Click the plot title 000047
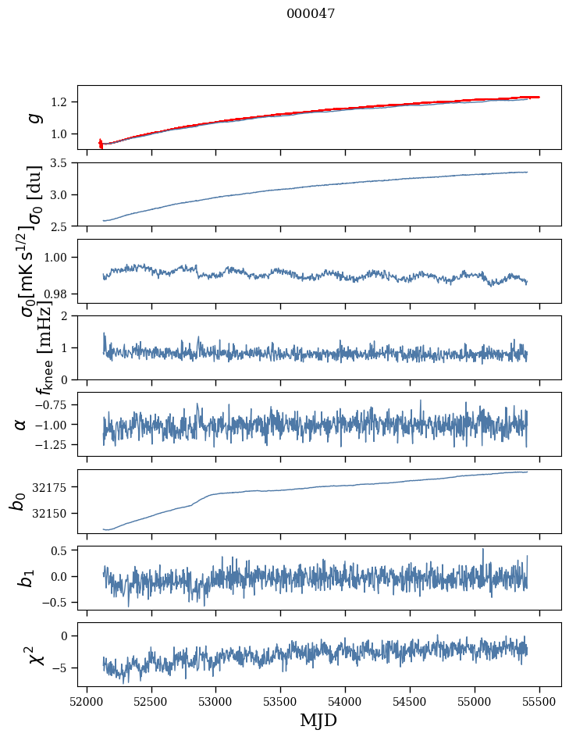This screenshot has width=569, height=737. tap(311, 13)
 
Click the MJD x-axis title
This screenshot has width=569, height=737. tap(318, 721)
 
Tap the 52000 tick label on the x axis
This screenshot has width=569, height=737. tap(87, 701)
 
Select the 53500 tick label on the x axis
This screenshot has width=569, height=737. tap(280, 701)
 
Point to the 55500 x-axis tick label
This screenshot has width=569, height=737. tap(539, 701)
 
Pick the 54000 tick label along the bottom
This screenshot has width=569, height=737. tap(345, 701)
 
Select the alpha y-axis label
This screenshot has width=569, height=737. tap(21, 424)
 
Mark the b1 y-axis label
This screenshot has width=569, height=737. tap(25, 578)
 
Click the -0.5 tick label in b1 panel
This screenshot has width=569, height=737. tap(57, 602)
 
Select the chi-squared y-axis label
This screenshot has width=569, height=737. tap(27, 653)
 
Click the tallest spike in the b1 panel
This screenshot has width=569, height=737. tap(482, 550)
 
